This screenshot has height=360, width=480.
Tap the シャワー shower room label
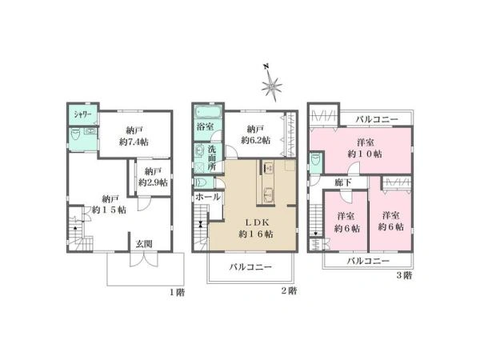pos(82,115)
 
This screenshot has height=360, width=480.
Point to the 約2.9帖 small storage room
pos(153,177)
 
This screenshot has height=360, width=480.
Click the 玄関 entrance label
pos(144,244)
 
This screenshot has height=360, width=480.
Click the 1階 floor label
pos(178,292)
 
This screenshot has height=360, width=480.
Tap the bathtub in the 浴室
pos(208,112)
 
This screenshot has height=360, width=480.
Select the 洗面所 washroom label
pos(212,158)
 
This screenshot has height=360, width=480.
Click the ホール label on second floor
pos(208,197)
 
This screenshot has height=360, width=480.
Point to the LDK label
pos(256,222)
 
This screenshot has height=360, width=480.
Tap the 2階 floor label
pos(289,290)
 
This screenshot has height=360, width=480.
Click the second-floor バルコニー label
pos(250,267)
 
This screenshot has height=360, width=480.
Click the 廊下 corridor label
pos(343,182)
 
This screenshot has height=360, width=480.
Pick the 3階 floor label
pos(404,275)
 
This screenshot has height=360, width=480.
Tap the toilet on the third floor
pos(314,162)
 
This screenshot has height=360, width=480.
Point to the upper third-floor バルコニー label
pos(377,119)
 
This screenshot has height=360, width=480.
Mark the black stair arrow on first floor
pos(75,228)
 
